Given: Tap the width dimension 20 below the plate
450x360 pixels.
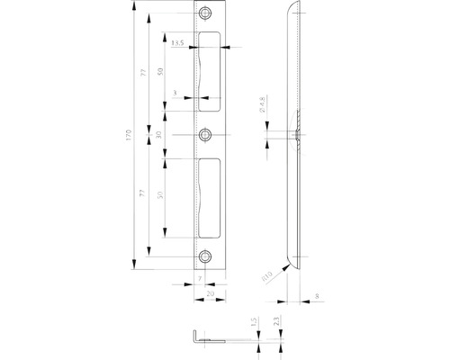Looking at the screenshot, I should pos(209,292).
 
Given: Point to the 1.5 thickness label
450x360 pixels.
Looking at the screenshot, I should pos(255,320).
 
